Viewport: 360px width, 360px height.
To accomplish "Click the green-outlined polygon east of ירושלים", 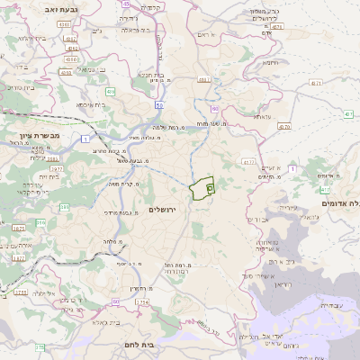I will [201, 190].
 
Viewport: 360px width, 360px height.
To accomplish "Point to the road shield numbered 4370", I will [284, 127].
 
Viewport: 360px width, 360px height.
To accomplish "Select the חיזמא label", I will [269, 65].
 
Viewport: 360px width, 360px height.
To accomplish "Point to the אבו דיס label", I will [255, 219].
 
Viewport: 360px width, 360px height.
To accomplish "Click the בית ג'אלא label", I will [101, 322].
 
